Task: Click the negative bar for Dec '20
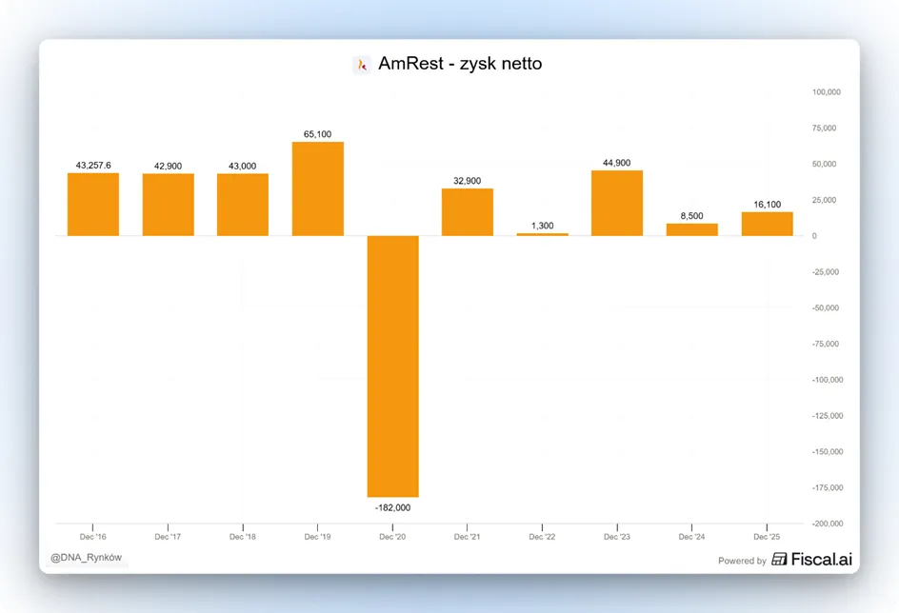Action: coord(392,366)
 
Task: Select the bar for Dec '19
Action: coord(318,188)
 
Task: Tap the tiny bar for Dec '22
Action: coord(543,234)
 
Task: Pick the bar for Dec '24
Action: coord(692,229)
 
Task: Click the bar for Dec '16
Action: coord(93,204)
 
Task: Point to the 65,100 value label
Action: coord(318,134)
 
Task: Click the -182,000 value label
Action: coord(392,507)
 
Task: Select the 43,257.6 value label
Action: coord(93,166)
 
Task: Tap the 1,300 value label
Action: coord(543,226)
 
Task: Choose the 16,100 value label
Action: coord(768,205)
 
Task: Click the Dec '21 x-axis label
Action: coord(468,537)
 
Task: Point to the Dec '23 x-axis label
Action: coord(617,537)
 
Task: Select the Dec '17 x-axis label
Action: coord(168,537)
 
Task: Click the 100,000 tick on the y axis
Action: coord(827,91)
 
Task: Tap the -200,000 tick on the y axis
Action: coord(828,524)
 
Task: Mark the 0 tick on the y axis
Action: coord(814,236)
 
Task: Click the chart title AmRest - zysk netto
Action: coord(460,64)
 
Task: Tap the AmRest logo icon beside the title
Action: coord(362,65)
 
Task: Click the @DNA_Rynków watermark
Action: coord(86,558)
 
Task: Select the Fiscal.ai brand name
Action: coord(822,559)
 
